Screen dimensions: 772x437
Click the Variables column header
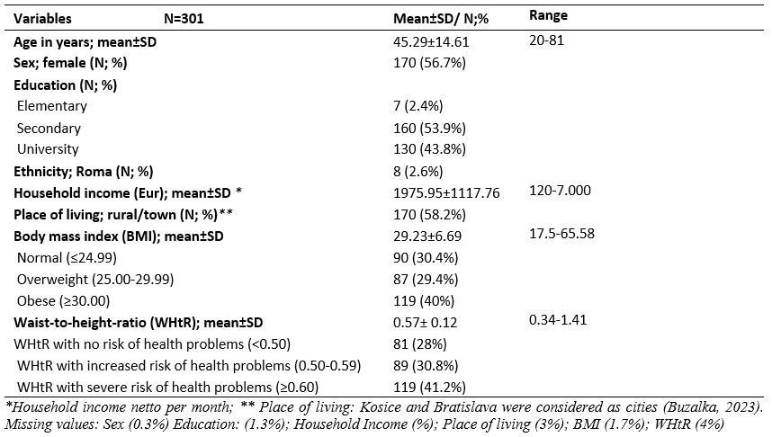(x=42, y=19)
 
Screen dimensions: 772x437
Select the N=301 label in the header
(x=184, y=19)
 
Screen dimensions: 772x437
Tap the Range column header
(x=548, y=16)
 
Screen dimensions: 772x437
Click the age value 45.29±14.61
(x=431, y=42)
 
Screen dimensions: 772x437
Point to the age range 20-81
(x=546, y=40)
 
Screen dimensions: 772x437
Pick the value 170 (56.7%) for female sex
(x=429, y=63)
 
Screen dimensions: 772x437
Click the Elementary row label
(x=51, y=106)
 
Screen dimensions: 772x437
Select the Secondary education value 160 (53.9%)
(x=429, y=128)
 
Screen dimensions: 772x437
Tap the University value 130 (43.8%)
(x=429, y=149)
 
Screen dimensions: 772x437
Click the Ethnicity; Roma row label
(x=83, y=171)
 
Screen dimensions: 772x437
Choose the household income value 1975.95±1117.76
(x=446, y=193)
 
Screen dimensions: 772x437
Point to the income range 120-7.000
(x=560, y=191)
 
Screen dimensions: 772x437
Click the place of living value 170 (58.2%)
(x=429, y=215)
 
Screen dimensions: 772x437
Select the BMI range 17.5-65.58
(x=561, y=233)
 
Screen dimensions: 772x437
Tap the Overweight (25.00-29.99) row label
(x=95, y=280)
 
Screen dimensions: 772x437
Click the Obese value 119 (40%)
(x=424, y=300)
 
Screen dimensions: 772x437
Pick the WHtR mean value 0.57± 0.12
(x=425, y=323)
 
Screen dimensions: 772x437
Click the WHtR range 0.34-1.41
(x=558, y=320)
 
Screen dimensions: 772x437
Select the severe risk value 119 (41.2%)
(x=429, y=388)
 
